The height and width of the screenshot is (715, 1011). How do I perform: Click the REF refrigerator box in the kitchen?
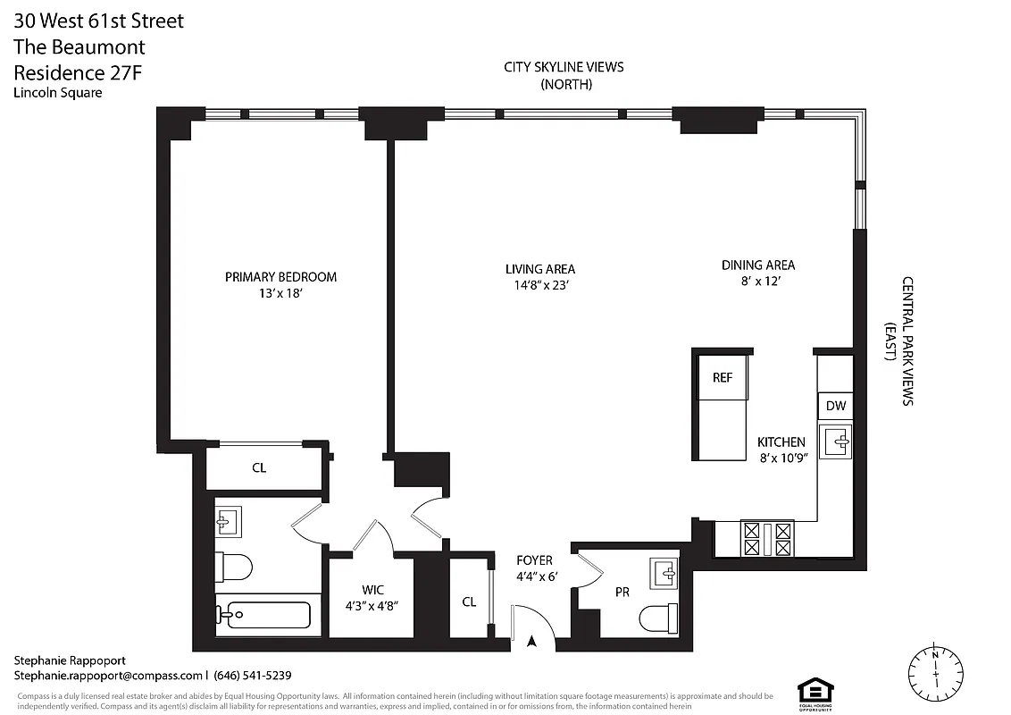point(723,377)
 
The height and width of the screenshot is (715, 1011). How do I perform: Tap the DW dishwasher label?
point(835,406)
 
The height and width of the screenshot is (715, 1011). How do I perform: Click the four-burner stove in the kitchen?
point(767,539)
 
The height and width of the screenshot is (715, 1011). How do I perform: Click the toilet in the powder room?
point(659,617)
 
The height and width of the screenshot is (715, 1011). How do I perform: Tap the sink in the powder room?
point(663,573)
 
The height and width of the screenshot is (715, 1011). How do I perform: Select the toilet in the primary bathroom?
point(235,567)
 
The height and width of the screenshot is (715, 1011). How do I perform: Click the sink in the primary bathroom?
point(228,522)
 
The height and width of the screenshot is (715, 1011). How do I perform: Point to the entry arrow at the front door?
point(533,640)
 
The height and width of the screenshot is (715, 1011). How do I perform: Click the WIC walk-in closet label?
point(372,590)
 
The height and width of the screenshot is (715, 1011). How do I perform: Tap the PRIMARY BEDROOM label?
point(280,277)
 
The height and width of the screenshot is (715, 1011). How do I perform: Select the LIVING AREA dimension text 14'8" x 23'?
point(539,286)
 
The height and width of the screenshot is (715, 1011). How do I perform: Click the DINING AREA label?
point(757,265)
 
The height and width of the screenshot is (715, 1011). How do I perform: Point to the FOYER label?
point(534,560)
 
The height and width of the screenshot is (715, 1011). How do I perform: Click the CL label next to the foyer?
point(469,601)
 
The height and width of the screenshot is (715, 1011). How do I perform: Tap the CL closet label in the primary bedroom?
point(259,467)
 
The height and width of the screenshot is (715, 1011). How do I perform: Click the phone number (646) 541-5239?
point(253,676)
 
